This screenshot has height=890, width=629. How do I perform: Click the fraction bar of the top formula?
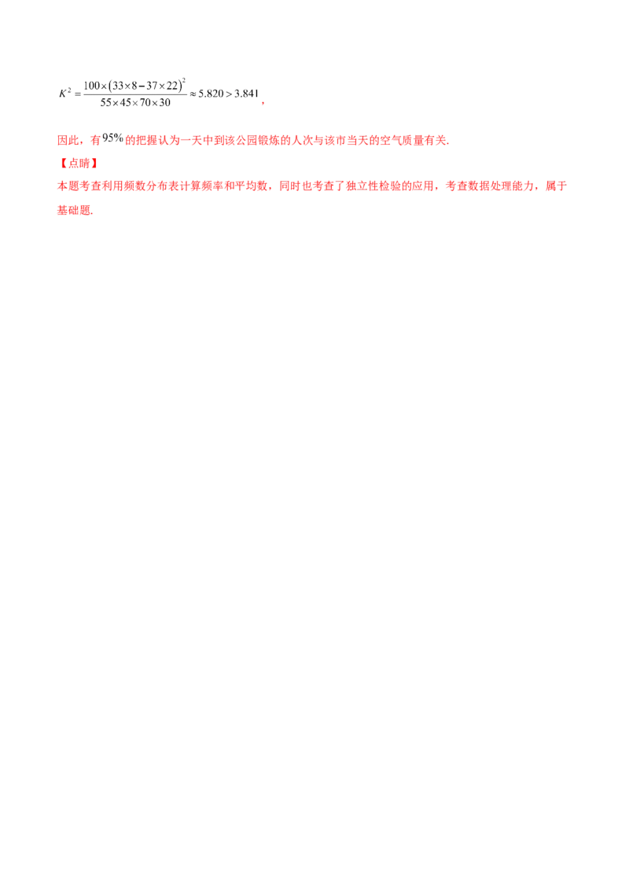point(135,93)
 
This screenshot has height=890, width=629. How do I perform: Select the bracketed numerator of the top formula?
point(134,83)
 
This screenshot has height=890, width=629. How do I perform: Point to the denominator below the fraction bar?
point(138,101)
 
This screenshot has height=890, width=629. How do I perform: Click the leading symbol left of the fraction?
point(66,94)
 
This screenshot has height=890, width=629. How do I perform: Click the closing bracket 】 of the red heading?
point(92,164)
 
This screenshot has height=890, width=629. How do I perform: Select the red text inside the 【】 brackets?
point(76,164)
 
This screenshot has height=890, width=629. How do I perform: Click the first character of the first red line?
point(61,141)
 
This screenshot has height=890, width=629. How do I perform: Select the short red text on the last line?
point(75,212)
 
